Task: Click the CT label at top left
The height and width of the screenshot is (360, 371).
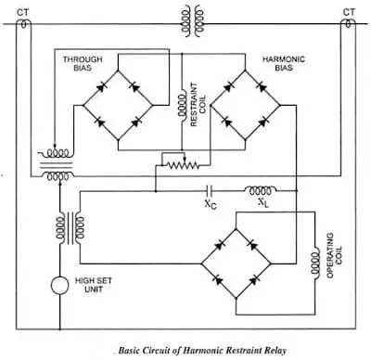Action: pyautogui.click(x=20, y=12)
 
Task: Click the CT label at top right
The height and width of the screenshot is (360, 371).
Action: pyautogui.click(x=349, y=12)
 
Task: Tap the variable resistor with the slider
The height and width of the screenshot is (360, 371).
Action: pyautogui.click(x=180, y=161)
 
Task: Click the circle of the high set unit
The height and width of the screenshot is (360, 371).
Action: pyautogui.click(x=61, y=283)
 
